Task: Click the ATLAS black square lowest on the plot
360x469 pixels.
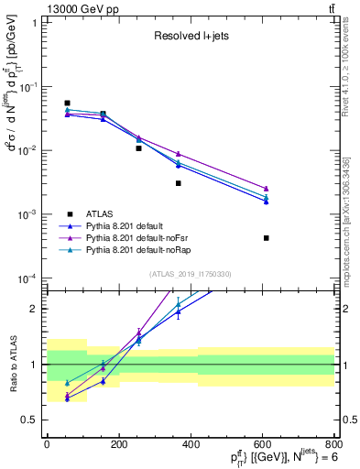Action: (x=266, y=238)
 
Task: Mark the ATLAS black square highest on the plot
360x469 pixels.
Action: (x=67, y=104)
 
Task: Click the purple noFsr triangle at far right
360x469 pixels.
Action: (x=266, y=188)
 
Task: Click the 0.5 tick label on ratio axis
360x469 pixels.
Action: (x=30, y=420)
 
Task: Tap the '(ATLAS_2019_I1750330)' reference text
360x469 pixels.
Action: (x=190, y=274)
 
